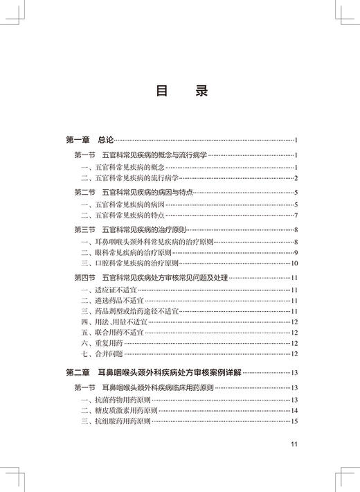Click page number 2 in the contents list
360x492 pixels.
(x=296, y=178)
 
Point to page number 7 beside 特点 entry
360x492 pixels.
(x=296, y=216)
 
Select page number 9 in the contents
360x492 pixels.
(x=296, y=252)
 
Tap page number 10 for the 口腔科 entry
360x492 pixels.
(x=294, y=263)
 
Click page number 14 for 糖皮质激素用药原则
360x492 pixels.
(x=294, y=410)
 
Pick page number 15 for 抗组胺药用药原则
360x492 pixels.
(x=294, y=421)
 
